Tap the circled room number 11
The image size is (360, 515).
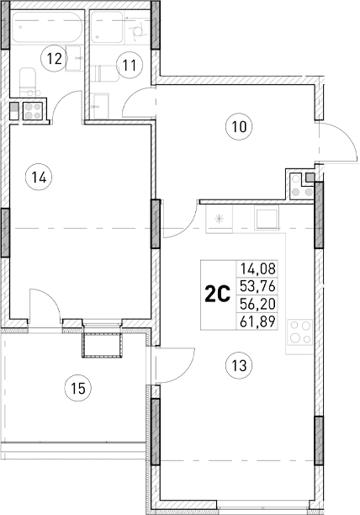click(128, 61)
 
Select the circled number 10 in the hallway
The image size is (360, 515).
click(240, 128)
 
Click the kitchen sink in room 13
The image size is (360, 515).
click(267, 218)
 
